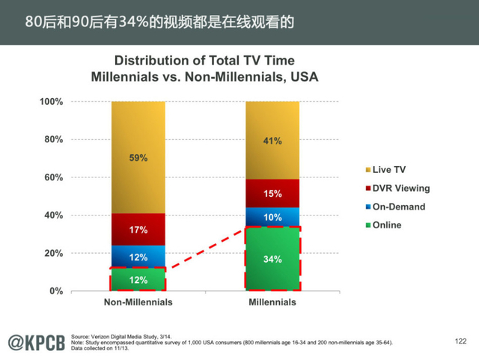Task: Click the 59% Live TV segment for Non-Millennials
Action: click(138, 158)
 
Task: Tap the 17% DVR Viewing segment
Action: click(138, 230)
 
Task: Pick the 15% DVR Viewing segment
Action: click(272, 194)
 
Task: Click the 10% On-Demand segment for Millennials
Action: click(272, 217)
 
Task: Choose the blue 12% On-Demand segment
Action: click(138, 257)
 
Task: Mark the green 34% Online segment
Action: click(272, 259)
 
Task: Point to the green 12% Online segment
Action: click(138, 280)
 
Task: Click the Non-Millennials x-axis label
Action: click(138, 303)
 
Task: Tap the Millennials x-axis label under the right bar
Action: click(272, 303)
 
